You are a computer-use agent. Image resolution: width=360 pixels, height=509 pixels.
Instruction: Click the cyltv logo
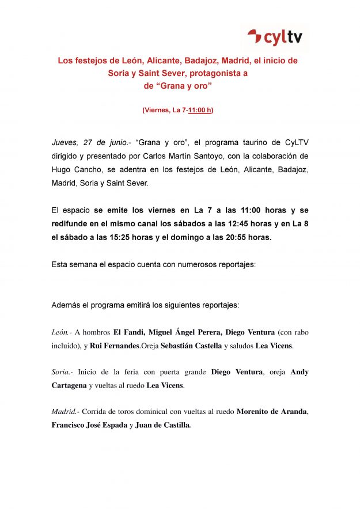275,39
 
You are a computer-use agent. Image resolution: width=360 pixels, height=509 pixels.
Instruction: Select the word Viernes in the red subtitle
156,110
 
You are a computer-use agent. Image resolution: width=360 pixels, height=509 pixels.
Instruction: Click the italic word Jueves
65,143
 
